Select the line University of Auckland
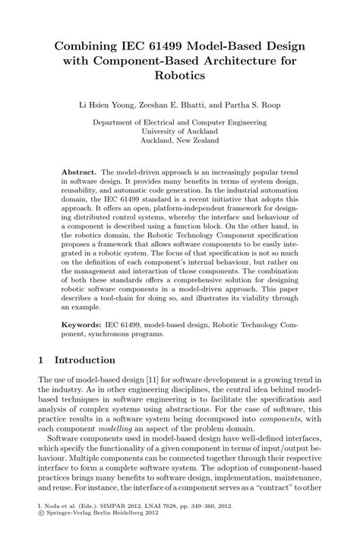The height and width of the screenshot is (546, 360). (x=179, y=130)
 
